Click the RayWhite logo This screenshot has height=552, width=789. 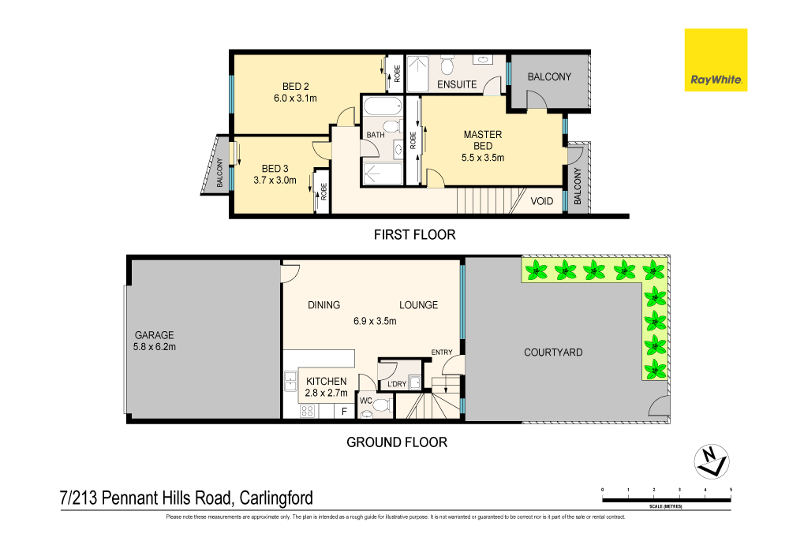tap(716, 60)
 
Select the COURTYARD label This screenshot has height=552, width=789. tap(553, 352)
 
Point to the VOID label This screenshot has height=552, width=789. tap(542, 201)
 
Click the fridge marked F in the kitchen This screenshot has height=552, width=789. tap(344, 411)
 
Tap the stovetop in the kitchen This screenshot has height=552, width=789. tap(307, 411)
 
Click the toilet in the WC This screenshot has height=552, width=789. tap(382, 405)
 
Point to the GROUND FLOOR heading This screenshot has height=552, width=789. tap(397, 442)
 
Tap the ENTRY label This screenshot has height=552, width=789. tap(441, 352)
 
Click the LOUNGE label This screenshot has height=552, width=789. tap(418, 305)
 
